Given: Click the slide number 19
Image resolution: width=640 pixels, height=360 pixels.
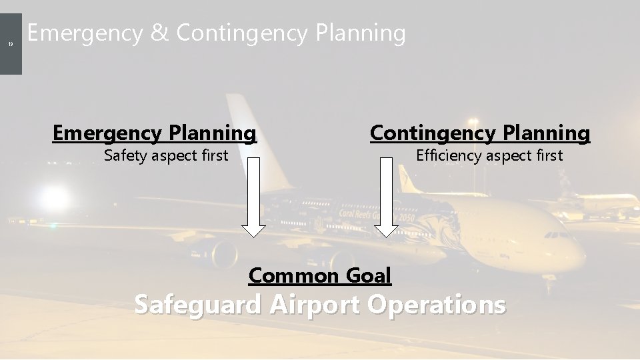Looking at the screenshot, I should [11, 45].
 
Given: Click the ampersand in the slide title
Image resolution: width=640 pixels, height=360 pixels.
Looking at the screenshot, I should [159, 33].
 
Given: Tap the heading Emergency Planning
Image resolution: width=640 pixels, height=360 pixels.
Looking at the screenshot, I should [154, 133].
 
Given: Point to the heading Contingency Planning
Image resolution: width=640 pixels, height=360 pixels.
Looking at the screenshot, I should [480, 133].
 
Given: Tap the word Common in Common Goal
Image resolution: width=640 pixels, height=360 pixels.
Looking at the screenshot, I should [294, 274].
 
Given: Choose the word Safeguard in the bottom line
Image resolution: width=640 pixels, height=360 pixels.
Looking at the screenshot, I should [198, 305].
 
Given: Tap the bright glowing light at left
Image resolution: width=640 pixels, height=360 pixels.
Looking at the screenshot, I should [53, 197].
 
